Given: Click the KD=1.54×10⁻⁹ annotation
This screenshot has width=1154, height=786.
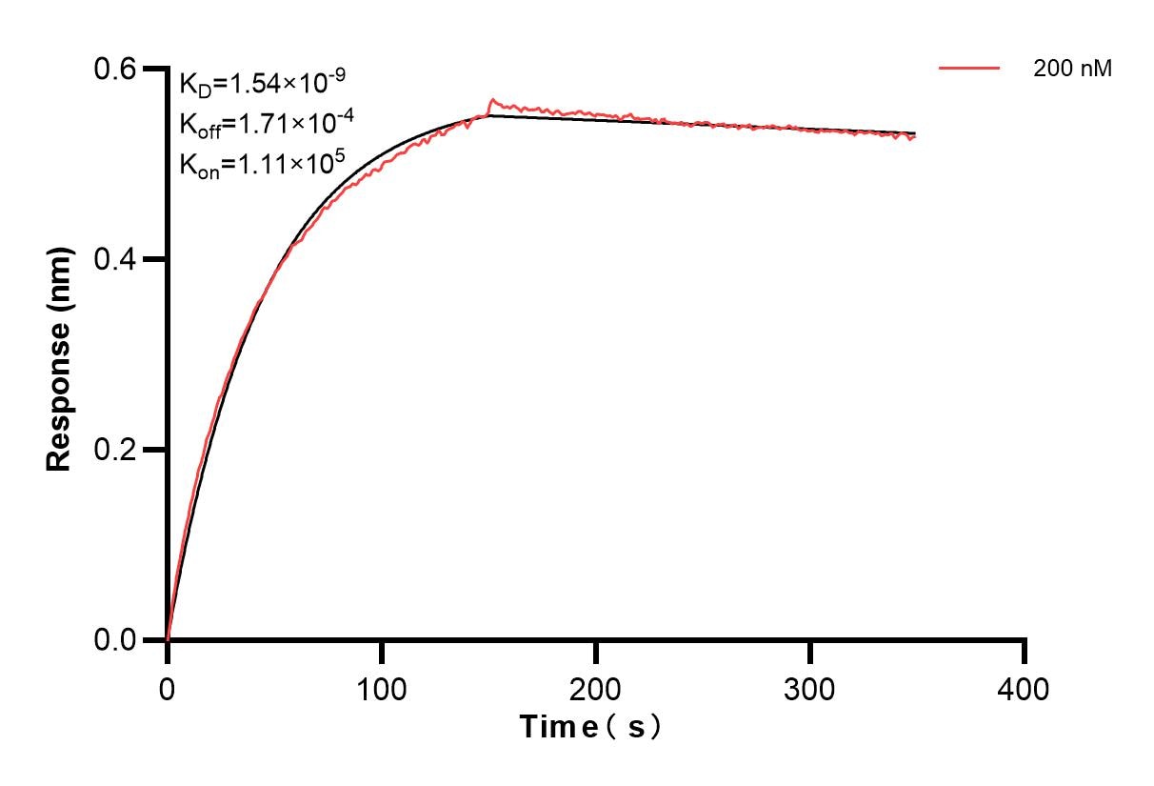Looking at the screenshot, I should click(x=254, y=84).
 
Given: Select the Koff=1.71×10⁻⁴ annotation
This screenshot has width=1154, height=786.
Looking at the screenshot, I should click(x=254, y=124).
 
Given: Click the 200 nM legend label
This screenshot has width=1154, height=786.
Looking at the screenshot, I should click(x=1072, y=69).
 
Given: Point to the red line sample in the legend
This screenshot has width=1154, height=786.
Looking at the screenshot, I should click(x=969, y=69).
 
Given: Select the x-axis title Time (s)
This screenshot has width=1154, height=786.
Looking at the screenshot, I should click(x=590, y=728).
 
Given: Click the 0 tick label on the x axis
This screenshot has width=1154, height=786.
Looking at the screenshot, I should click(x=168, y=688).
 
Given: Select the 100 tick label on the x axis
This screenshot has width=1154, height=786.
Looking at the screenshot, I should click(x=381, y=688).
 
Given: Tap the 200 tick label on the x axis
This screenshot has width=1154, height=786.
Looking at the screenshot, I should click(x=596, y=688).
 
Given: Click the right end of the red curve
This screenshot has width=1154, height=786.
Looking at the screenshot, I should click(x=915, y=137).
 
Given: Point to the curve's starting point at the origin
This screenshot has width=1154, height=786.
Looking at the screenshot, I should click(x=168, y=639).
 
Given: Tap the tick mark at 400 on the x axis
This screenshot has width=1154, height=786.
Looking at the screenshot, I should click(x=1025, y=652).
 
